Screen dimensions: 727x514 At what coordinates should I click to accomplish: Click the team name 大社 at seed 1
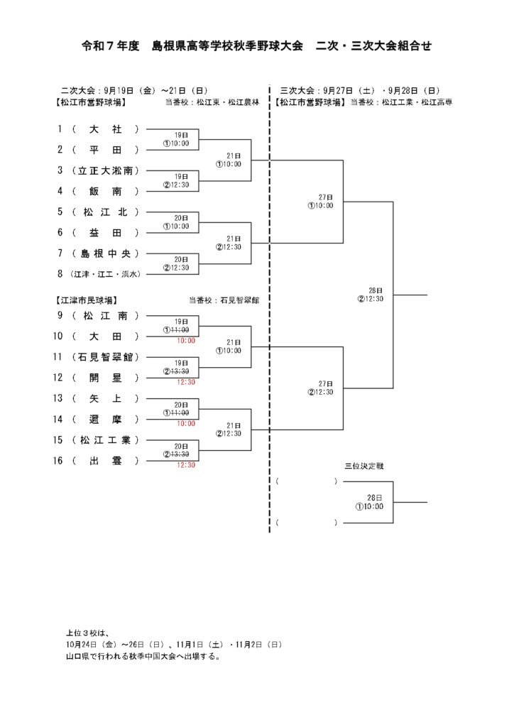click(106, 129)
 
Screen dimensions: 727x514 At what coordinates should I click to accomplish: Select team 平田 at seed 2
click(106, 150)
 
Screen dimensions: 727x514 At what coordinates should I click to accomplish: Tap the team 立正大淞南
click(106, 170)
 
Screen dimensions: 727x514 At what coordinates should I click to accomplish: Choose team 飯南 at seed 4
click(106, 191)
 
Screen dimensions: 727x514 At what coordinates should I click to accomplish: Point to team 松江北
click(106, 212)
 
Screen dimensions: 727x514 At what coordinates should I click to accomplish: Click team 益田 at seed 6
click(106, 233)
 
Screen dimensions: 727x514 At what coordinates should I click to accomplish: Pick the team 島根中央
click(106, 253)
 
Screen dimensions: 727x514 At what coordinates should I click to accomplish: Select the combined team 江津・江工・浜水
click(106, 274)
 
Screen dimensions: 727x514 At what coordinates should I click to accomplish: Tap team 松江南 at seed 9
click(106, 315)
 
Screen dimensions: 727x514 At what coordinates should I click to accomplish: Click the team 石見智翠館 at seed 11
click(106, 356)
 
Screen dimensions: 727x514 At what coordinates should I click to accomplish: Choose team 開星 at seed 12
click(106, 378)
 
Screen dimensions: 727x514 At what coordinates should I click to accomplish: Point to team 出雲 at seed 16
click(106, 461)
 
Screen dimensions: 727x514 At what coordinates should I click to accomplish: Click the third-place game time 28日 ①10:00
click(370, 503)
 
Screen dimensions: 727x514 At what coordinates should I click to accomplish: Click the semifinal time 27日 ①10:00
click(321, 202)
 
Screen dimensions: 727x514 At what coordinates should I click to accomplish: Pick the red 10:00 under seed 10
click(186, 341)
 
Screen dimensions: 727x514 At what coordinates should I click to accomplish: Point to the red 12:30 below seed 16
click(186, 465)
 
